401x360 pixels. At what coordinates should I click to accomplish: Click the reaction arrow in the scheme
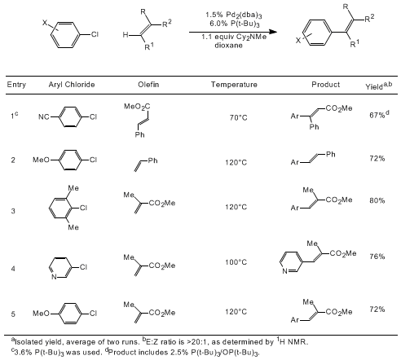tap(233, 32)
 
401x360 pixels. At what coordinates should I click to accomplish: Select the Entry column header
tap(16, 85)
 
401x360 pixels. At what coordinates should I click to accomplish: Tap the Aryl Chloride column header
tap(72, 85)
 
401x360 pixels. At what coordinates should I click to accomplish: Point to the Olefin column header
tap(148, 85)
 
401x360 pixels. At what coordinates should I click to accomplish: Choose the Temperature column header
tap(234, 85)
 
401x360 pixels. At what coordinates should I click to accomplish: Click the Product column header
tap(325, 85)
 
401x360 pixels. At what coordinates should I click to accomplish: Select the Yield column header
tap(379, 86)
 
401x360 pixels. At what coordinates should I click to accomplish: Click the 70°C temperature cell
tap(239, 117)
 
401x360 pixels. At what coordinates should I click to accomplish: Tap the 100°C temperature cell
tap(236, 262)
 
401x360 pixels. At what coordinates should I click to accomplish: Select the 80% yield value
tap(377, 200)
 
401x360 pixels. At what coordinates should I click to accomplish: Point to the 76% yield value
tap(377, 257)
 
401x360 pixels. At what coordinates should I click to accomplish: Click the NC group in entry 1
tap(44, 117)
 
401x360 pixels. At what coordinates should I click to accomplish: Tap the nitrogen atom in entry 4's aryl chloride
tap(54, 277)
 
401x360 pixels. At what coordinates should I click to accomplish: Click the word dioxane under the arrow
tap(228, 45)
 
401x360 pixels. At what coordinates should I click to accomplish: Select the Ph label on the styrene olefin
tap(152, 160)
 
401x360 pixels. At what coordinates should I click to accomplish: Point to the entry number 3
tap(13, 211)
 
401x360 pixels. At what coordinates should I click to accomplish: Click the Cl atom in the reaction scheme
tap(95, 34)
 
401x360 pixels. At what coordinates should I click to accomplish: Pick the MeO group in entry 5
tap(41, 314)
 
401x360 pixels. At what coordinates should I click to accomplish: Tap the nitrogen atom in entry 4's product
tap(284, 271)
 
